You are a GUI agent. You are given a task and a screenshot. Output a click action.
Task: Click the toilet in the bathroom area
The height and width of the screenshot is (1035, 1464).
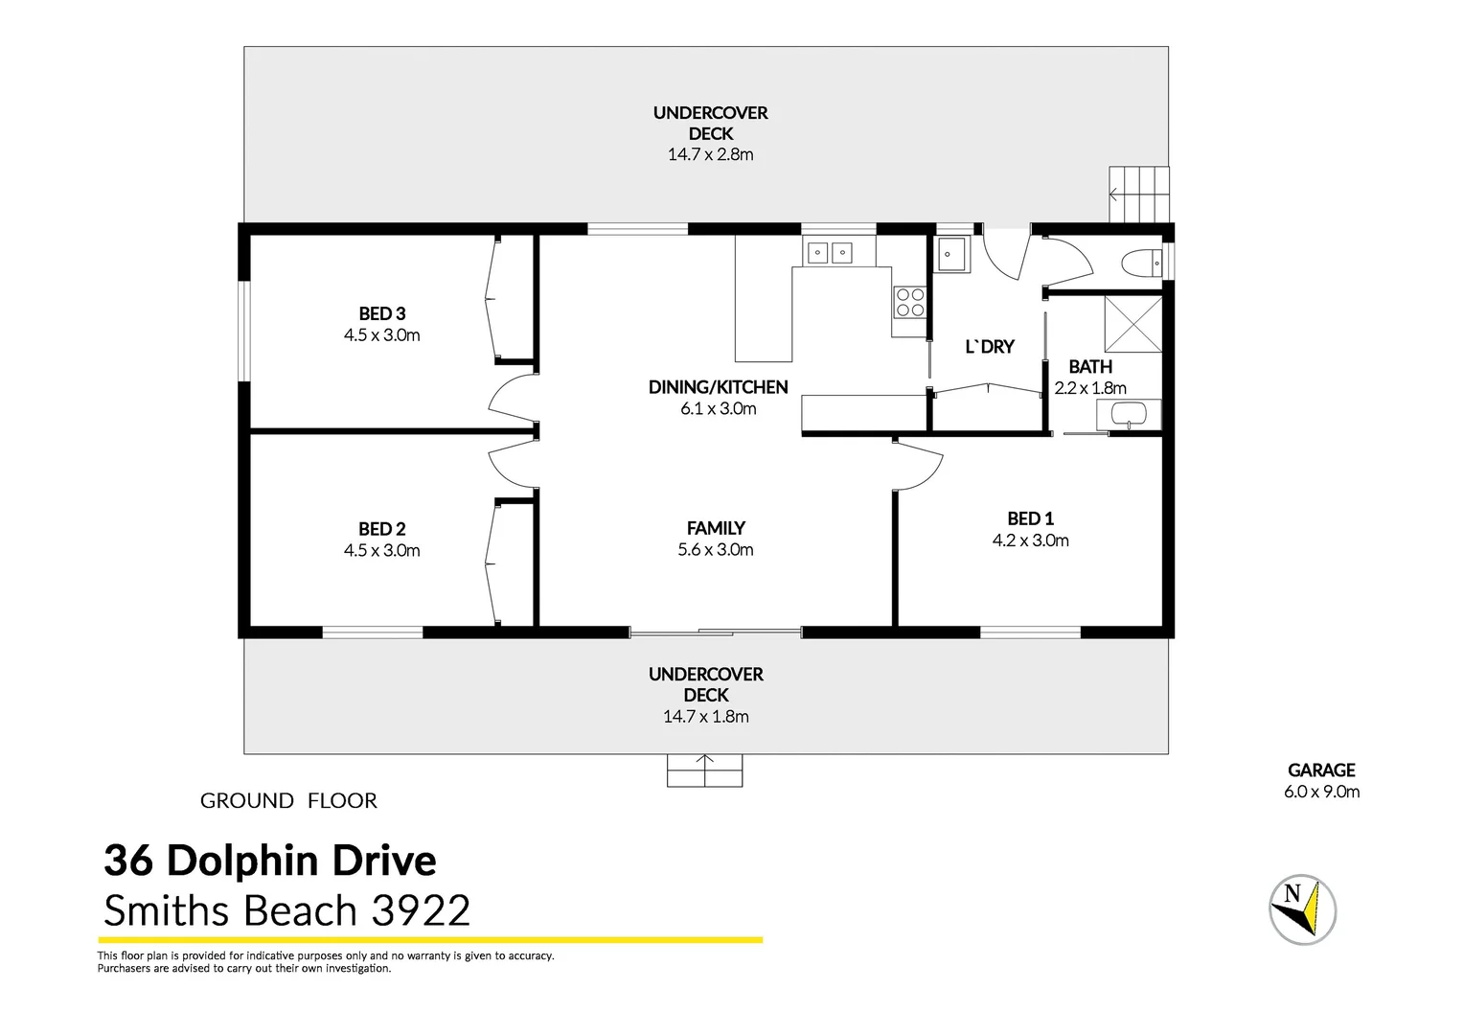point(1141,263)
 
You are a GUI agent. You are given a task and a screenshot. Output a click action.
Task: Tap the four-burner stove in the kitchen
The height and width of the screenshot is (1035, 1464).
point(909,303)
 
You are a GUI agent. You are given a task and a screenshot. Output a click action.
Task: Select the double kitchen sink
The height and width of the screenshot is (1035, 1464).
point(830,253)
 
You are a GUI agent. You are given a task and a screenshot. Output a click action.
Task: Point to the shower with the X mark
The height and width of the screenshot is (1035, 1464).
point(1132,324)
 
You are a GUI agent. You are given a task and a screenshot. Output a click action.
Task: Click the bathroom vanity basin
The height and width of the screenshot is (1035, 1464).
point(1128,415)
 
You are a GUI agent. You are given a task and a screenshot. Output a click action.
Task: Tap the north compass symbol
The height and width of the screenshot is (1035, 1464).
point(1302,908)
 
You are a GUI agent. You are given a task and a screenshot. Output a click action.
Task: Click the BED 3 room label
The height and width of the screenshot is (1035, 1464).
point(382,314)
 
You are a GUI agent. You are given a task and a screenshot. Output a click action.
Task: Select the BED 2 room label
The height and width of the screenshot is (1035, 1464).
point(382,529)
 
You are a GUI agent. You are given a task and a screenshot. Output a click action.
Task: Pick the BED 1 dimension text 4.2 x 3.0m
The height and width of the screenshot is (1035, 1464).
point(1030,540)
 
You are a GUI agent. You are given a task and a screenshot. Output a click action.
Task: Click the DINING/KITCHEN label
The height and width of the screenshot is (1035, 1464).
point(718,387)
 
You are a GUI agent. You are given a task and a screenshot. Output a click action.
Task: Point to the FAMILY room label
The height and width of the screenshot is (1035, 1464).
point(716,528)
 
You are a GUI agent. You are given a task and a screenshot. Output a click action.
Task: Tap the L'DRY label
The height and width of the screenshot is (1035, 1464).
point(989,347)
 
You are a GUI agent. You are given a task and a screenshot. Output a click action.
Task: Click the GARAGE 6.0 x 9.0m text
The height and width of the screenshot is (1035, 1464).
point(1321,781)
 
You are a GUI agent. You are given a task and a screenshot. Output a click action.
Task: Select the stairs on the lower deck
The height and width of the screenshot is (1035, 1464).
point(704,770)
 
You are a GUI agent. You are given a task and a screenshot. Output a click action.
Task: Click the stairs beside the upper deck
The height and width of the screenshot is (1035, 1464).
point(1139,195)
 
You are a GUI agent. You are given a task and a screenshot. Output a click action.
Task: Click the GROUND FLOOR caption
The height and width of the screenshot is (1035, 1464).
point(288,800)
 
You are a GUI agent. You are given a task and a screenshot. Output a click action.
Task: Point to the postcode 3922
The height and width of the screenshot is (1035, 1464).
point(421,910)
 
